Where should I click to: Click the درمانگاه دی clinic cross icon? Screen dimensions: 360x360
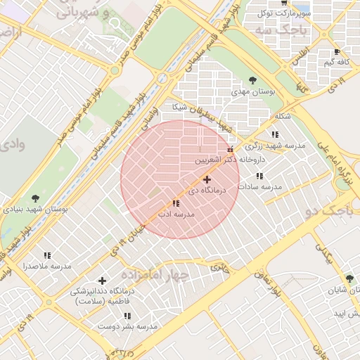[207, 180]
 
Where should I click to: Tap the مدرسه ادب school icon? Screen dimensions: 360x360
[176, 202]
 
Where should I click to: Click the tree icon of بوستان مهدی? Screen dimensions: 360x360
[252, 80]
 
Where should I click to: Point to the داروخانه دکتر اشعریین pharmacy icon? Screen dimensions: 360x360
[230, 149]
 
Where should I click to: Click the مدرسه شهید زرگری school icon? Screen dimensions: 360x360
[274, 134]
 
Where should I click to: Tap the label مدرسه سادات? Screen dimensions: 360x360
[259, 187]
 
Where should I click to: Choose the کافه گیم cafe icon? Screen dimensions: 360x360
[337, 52]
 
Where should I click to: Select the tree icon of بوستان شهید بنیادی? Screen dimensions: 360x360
[35, 198]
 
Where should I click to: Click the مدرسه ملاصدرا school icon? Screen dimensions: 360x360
[47, 256]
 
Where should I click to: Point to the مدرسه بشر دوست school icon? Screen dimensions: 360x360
[146, 316]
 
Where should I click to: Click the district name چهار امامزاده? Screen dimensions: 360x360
[155, 274]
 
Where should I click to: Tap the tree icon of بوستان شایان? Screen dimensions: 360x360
[349, 279]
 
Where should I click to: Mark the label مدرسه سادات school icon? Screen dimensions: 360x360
[259, 176]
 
